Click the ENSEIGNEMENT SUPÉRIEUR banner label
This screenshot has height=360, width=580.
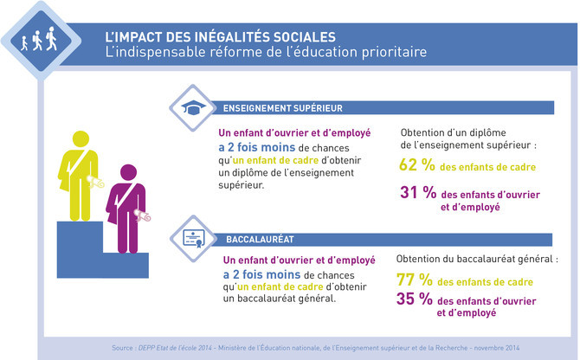click(281, 109)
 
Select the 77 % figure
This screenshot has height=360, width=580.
click(416, 281)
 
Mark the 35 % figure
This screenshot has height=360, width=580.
click(416, 299)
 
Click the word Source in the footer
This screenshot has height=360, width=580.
click(125, 348)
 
